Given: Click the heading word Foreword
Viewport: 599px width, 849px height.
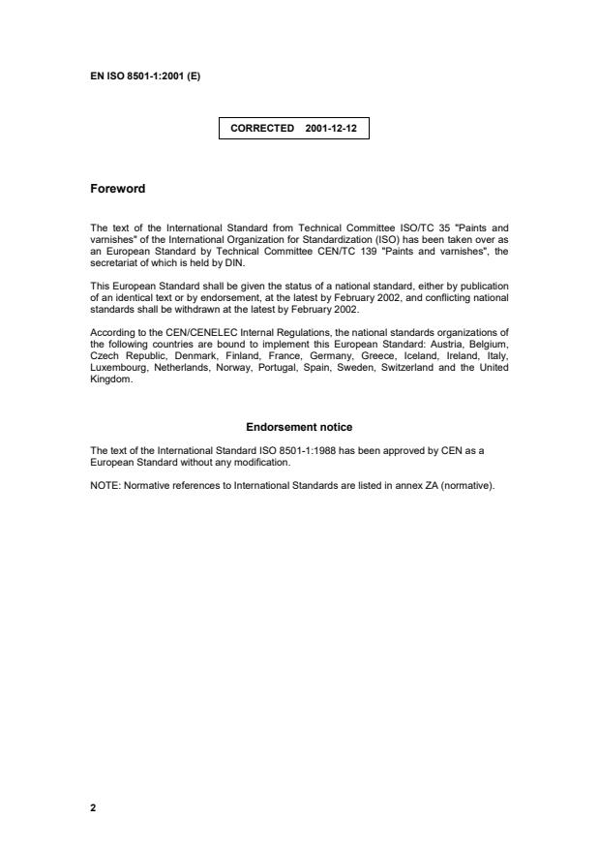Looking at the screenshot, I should pos(117,189).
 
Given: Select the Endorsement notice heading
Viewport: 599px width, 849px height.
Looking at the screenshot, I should pos(299,427).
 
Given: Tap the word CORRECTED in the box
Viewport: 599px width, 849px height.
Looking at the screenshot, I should pos(262,128).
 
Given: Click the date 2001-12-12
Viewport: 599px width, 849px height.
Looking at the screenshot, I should pos(331,128).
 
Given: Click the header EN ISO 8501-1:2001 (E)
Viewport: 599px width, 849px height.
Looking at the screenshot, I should pos(145,76).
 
